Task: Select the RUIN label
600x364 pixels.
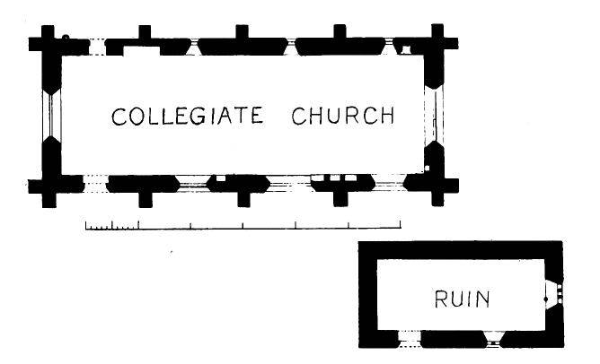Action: tap(463, 299)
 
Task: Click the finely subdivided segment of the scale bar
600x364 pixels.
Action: tap(111, 226)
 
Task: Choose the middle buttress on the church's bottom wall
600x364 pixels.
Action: tap(241, 195)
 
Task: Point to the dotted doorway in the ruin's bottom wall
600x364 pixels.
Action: tap(408, 338)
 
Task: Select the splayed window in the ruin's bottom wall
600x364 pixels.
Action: tap(491, 338)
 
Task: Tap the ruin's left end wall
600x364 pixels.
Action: tap(366, 296)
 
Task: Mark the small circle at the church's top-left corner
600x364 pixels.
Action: tap(66, 38)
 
